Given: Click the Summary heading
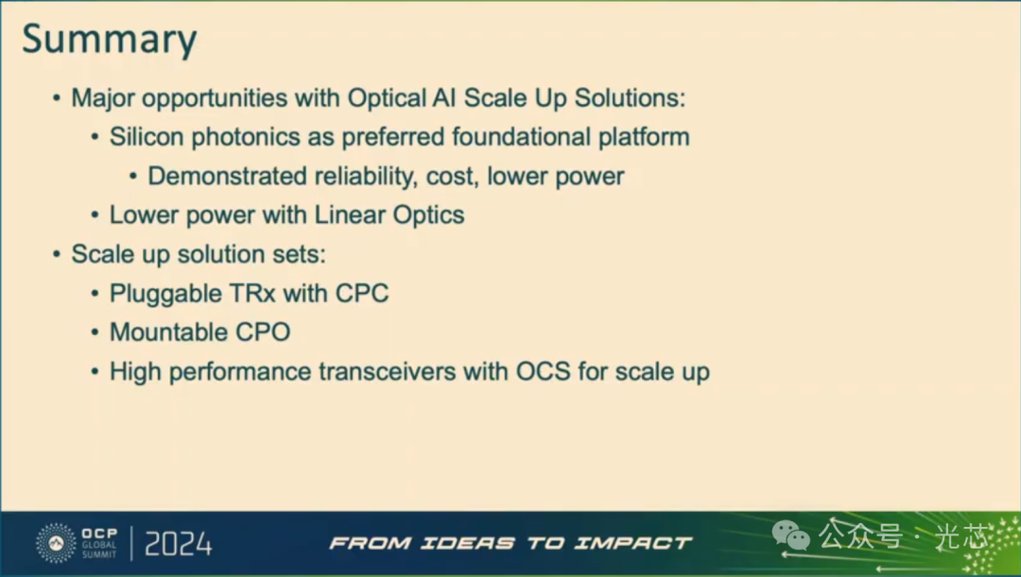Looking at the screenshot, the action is (x=110, y=39).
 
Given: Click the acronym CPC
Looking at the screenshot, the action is (x=362, y=293).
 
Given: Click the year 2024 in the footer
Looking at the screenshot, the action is (x=178, y=544).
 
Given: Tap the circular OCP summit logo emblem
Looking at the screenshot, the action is (x=56, y=543).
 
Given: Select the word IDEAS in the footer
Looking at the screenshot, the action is (x=468, y=543).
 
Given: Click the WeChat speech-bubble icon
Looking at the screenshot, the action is (x=791, y=536).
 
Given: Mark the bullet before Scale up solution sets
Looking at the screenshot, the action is (x=57, y=254).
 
